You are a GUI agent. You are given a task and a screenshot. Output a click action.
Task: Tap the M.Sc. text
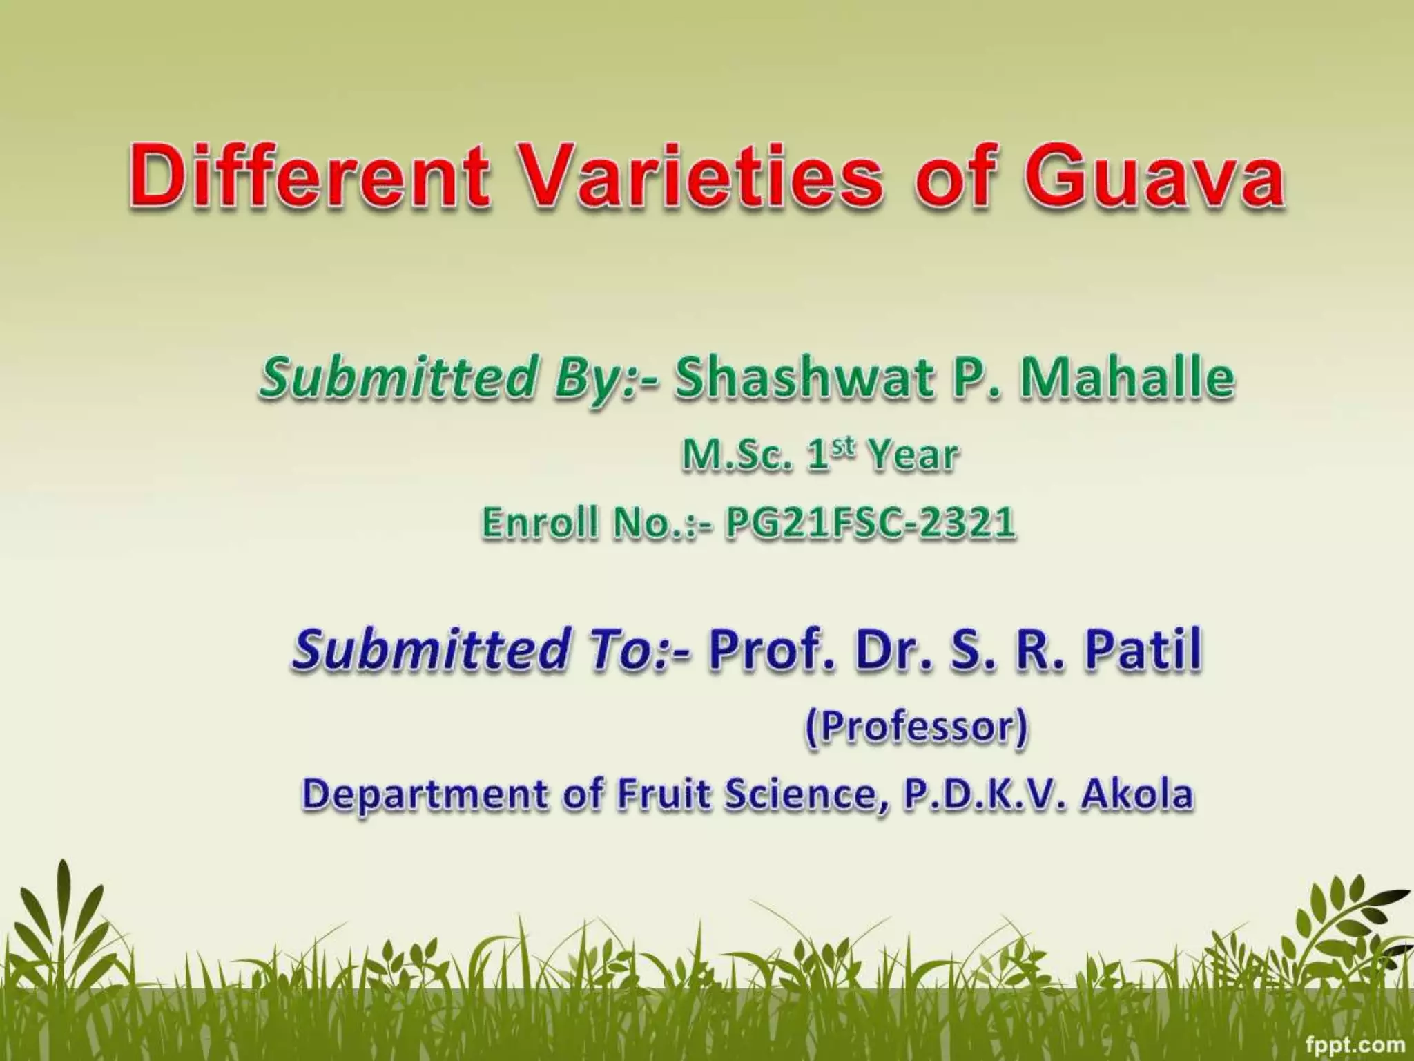[x=735, y=456]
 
